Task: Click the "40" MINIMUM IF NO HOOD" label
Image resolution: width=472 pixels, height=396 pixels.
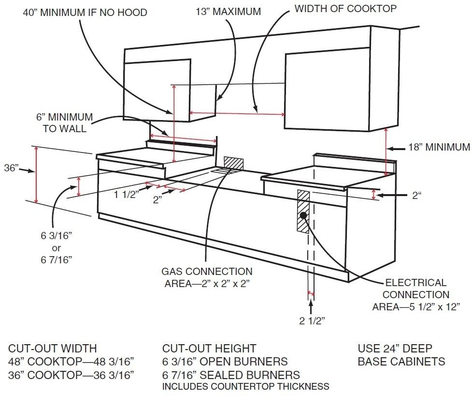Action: click(85, 12)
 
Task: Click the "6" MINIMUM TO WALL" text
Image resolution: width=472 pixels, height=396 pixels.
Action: click(64, 122)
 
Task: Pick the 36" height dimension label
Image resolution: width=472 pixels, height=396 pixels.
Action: click(11, 168)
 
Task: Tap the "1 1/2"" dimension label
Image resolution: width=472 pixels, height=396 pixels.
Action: click(127, 194)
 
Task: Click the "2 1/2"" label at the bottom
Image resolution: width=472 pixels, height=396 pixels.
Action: click(312, 321)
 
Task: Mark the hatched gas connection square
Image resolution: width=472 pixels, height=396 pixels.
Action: click(233, 163)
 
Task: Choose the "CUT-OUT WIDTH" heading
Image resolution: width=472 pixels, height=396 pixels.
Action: click(52, 349)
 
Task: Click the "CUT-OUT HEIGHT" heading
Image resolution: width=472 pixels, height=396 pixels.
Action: click(209, 349)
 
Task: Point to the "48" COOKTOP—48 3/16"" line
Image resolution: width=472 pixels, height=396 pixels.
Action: click(71, 362)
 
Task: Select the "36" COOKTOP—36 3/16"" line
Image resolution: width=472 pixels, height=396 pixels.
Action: click(71, 375)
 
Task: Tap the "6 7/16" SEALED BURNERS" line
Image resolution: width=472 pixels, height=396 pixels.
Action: click(231, 375)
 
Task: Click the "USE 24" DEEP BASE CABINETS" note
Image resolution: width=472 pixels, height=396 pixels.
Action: click(401, 355)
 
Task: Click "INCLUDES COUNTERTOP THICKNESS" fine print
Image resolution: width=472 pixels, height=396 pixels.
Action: click(245, 387)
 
